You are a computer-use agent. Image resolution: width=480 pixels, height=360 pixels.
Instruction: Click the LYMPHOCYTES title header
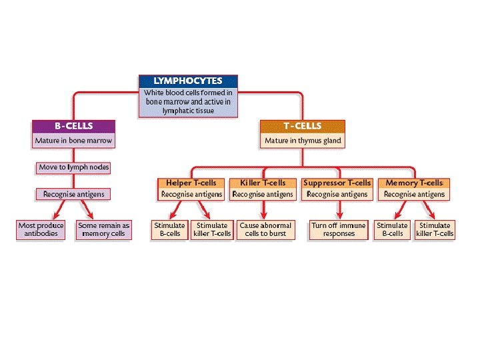[187, 81]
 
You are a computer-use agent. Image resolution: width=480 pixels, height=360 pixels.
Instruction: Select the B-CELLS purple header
[73, 126]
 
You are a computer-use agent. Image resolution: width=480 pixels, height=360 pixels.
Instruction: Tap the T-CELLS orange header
[302, 126]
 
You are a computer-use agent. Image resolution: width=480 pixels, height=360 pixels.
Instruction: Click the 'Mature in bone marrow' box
[73, 141]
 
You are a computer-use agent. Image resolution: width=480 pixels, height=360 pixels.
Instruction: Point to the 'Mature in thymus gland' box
[302, 141]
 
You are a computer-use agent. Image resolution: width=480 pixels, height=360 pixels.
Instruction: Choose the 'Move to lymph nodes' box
[73, 167]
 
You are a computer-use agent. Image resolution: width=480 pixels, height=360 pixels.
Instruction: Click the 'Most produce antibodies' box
[41, 229]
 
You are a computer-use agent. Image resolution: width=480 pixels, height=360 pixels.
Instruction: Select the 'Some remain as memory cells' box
[103, 229]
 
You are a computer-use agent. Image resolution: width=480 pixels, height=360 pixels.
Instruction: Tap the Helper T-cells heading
[191, 183]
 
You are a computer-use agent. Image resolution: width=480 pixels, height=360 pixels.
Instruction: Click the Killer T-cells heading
[263, 183]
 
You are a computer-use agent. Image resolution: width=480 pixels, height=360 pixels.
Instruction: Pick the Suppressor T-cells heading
[337, 183]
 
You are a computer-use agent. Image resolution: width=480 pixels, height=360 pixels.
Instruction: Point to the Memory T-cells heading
[414, 183]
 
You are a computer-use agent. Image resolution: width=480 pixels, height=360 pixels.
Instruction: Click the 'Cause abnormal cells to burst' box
[265, 229]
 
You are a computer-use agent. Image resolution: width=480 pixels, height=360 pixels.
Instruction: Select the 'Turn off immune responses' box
[339, 229]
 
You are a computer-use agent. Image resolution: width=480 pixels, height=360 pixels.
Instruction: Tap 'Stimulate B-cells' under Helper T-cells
[169, 229]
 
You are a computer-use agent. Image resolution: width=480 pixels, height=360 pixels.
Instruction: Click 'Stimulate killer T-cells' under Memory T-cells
[435, 229]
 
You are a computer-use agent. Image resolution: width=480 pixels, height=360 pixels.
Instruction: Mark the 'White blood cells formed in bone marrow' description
[187, 101]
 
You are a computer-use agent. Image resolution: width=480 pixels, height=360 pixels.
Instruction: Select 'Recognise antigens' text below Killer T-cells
[263, 195]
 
